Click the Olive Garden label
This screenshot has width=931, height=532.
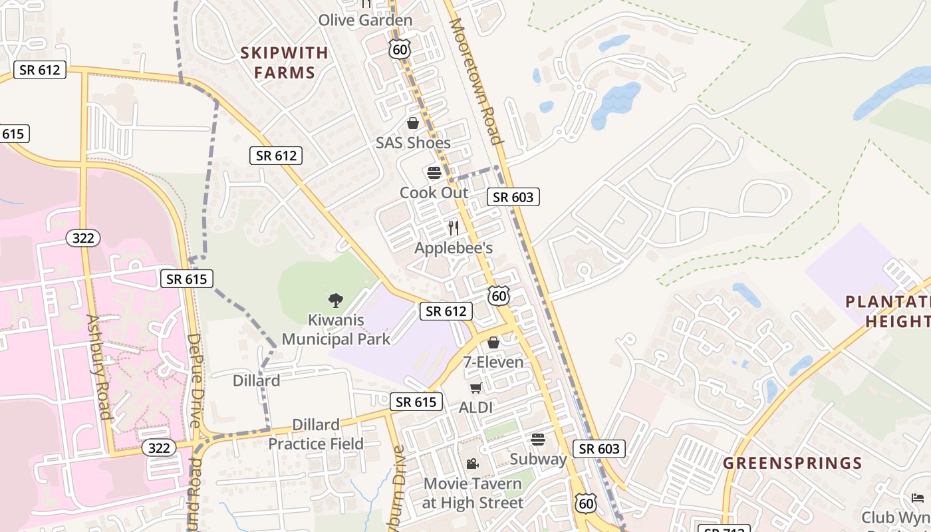point(365,20)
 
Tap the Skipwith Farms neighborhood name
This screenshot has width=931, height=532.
point(284,63)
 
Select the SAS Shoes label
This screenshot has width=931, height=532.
point(413,143)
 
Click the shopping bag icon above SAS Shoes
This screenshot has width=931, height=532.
point(413,123)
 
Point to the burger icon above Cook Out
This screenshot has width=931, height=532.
point(434,173)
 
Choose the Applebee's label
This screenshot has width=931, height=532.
point(454,248)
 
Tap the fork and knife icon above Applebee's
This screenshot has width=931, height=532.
point(454,228)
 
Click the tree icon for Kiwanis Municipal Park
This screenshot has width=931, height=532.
point(336,301)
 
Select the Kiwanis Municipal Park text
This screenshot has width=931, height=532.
point(336,330)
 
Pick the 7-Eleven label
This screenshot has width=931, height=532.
point(493,362)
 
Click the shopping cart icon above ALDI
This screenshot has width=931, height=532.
point(475,388)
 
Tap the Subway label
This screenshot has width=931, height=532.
point(539,459)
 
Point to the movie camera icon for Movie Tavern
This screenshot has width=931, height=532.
point(472,464)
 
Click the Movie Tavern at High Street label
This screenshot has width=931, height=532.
point(472,493)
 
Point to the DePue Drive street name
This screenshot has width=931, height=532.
point(194,380)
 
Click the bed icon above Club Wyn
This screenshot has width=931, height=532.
point(918,497)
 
